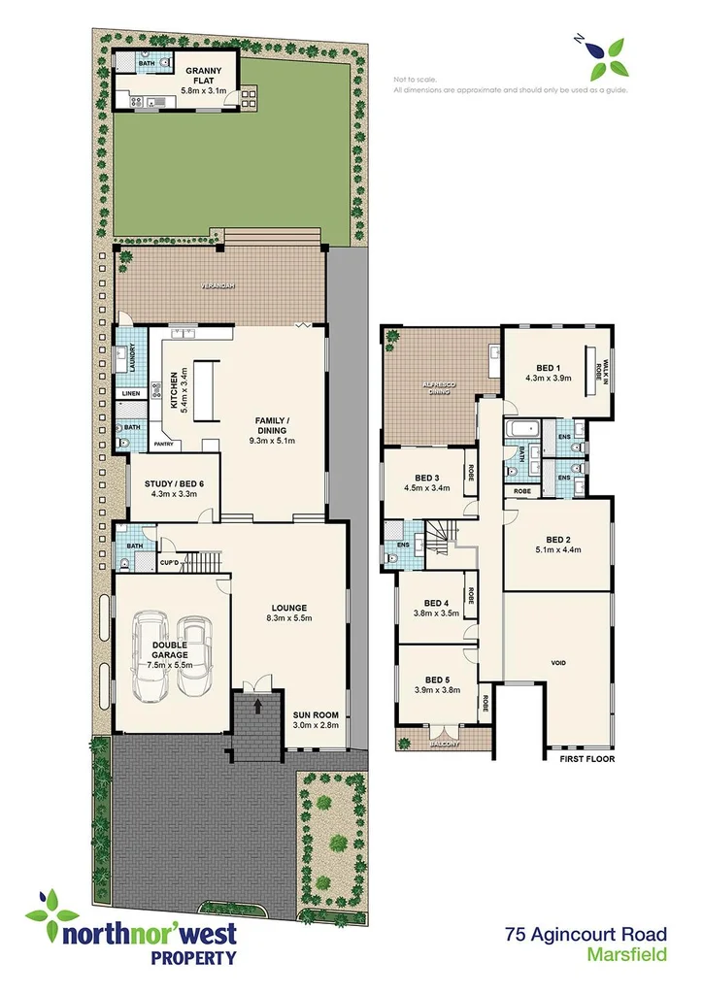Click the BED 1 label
click(549, 367)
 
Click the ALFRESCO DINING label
click(438, 391)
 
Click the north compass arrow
click(580, 40)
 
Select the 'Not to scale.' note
click(415, 79)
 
